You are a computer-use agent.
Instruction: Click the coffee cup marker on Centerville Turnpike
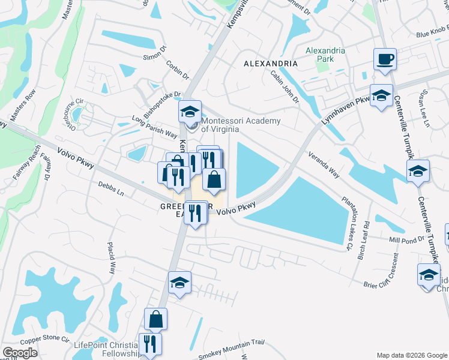385,60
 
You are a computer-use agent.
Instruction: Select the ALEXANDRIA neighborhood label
270,63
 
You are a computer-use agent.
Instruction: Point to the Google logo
20,353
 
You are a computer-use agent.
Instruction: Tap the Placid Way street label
111,259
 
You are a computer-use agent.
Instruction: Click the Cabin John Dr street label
285,86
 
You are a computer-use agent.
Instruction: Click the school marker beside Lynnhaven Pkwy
381,96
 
